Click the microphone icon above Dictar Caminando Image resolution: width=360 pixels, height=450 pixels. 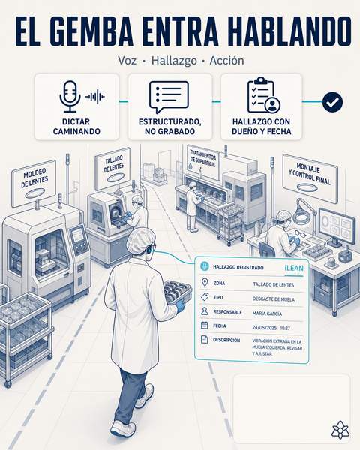[x=70, y=97]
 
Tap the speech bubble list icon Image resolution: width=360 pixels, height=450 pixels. [x=169, y=97]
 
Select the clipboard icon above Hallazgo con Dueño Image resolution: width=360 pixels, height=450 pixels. [x=263, y=95]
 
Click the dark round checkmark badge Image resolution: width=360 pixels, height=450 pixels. [x=332, y=102]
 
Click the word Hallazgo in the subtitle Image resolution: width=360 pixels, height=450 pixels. [x=174, y=61]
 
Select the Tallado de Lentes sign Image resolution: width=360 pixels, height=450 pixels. [x=113, y=168]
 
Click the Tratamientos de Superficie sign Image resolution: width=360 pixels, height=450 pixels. [x=203, y=161]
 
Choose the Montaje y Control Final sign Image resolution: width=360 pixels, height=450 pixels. [x=310, y=178]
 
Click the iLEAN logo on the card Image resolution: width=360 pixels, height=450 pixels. [x=294, y=268]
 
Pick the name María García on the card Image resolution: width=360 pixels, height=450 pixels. [x=267, y=313]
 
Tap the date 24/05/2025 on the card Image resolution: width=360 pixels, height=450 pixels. [x=265, y=328]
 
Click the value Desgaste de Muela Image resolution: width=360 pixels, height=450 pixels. [x=273, y=299]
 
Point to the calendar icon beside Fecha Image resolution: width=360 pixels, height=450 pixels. [x=205, y=325]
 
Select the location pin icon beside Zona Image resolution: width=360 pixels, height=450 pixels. [x=205, y=282]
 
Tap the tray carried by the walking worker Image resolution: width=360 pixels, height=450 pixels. [x=177, y=292]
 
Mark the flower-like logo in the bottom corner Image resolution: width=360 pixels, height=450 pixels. [x=340, y=430]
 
